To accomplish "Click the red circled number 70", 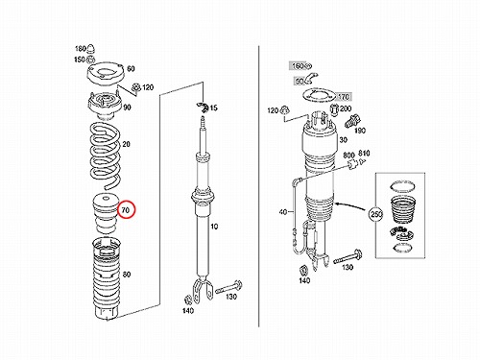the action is pos(126,210).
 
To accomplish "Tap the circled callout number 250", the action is pos(376,214).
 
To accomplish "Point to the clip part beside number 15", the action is pos(203,107).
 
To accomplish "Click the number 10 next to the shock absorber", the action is pos(214,227).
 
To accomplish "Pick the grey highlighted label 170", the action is pos(344,96).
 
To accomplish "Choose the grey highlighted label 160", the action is pos(298,66).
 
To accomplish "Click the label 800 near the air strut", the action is pos(348,156).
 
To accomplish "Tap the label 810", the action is pos(364,154).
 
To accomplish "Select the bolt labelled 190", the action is pos(352,121).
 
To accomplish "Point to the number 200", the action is pos(346,108).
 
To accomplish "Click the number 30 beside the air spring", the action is pos(343,140).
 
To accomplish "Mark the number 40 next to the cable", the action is pos(283,211).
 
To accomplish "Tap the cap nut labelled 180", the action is pos(90,48).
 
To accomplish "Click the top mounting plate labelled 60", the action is pos(106,73).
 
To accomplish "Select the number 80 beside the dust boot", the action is pos(127,275).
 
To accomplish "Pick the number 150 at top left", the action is pos(80,60).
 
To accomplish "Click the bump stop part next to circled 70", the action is pos(105,214).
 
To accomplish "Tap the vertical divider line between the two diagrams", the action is pos(258,186).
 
